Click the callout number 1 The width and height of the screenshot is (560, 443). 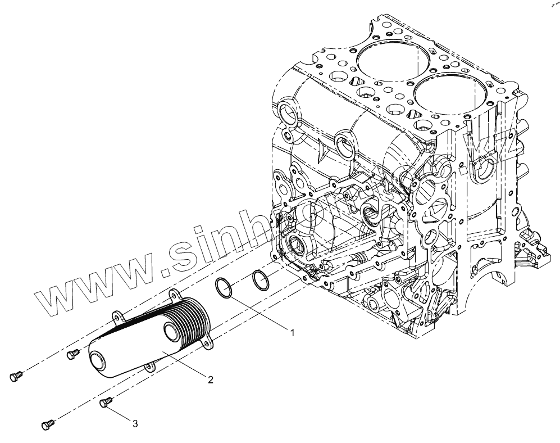(x=292, y=332)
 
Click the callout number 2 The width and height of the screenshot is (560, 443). (x=210, y=380)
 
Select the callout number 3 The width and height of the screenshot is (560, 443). (x=135, y=424)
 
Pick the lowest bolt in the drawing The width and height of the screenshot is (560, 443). (x=48, y=424)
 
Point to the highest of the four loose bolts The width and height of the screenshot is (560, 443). (x=72, y=354)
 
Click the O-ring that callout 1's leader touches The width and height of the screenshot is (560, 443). (x=225, y=289)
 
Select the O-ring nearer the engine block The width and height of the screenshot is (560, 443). (x=260, y=279)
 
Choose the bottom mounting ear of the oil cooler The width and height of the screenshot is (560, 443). (x=149, y=367)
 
